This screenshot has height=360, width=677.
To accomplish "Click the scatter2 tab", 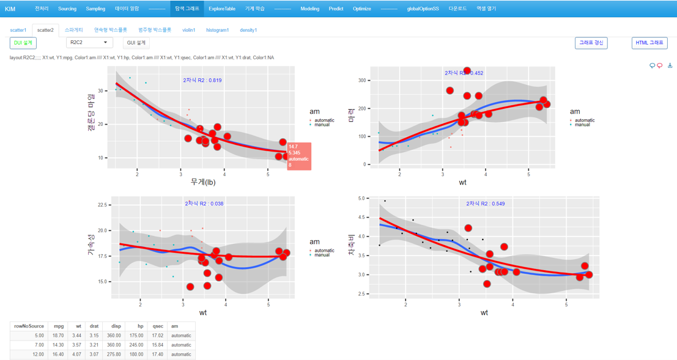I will [x=45, y=30].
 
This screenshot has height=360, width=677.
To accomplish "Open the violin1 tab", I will [x=188, y=30].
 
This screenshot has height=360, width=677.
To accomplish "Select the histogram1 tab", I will [x=217, y=30].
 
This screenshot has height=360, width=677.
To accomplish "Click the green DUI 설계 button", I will [x=23, y=43].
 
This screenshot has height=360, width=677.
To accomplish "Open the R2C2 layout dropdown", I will [x=89, y=43].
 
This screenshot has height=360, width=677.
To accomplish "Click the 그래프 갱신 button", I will [x=591, y=43].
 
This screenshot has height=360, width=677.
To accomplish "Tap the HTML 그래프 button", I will [x=649, y=43].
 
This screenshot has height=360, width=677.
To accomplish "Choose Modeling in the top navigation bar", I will [x=309, y=9].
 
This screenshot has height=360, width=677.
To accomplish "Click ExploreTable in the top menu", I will [x=221, y=9].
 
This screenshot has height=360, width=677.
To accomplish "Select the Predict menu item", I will [x=336, y=9].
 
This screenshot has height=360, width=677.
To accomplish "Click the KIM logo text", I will [x=10, y=9].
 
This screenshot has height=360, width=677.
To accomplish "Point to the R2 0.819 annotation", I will [x=202, y=80].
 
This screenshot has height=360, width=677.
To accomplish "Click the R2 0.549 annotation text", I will [x=486, y=204].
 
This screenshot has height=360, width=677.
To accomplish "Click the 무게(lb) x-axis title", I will [x=203, y=182].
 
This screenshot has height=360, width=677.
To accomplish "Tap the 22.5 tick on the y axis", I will [x=103, y=205].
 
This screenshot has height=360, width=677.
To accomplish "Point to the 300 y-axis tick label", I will [x=362, y=81].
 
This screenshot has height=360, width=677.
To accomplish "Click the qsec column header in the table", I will [x=158, y=326].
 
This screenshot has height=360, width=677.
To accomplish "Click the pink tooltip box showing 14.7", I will [x=299, y=156].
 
